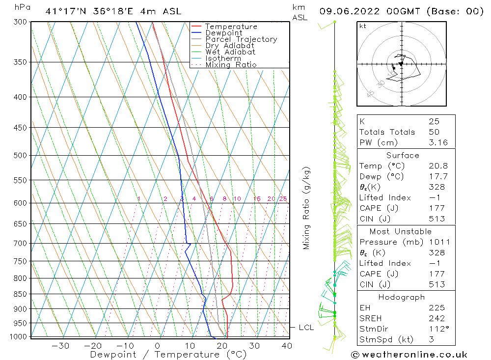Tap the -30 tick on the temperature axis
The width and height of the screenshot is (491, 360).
(60, 346)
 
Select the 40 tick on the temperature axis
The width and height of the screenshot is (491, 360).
(287, 346)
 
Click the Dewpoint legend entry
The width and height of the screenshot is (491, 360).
(223, 33)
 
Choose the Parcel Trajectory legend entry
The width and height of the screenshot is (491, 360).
(241, 39)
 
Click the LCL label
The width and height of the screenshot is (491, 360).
(306, 328)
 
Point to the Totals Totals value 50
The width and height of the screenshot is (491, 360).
(434, 132)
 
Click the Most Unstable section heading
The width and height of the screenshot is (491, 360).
(407, 231)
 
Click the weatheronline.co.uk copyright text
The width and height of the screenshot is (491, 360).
(409, 355)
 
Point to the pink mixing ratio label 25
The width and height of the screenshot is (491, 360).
(283, 199)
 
